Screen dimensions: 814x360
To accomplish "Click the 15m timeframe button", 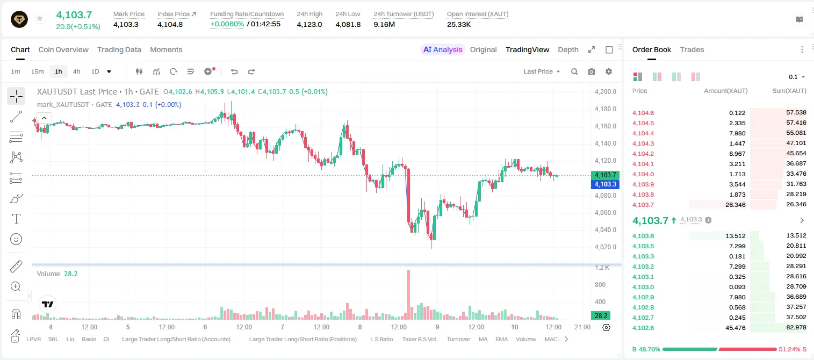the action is coord(38,71).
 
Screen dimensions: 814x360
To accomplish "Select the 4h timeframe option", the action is coord(76,71).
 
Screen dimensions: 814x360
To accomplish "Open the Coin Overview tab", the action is coord(63,49).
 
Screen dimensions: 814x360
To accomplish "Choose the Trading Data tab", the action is coord(119,49).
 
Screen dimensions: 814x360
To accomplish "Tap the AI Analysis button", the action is coord(443,49).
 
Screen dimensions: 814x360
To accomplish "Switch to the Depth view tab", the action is coord(568,49).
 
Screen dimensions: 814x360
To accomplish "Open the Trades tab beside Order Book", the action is coord(692,49).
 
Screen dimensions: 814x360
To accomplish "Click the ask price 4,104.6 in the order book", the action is coord(643,113).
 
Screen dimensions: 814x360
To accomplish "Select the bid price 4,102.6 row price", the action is coord(643,328).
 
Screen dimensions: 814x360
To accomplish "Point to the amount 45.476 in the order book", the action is coord(735,328).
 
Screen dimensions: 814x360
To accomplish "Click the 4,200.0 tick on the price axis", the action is coord(606,91).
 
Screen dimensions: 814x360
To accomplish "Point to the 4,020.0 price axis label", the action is coord(606,247).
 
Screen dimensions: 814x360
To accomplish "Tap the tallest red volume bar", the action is coord(408,295).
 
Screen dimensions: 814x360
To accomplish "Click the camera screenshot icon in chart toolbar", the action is coord(592,71).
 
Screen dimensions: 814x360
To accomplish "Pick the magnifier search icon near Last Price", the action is coord(574,71).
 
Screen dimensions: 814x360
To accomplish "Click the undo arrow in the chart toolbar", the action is coord(234,71).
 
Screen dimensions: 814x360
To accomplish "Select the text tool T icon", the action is coord(16,219).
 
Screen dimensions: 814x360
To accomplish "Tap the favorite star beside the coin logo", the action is coord(40,18).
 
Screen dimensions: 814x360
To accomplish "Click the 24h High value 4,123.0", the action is coord(309,24).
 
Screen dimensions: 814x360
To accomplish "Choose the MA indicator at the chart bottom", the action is coord(483,339).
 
